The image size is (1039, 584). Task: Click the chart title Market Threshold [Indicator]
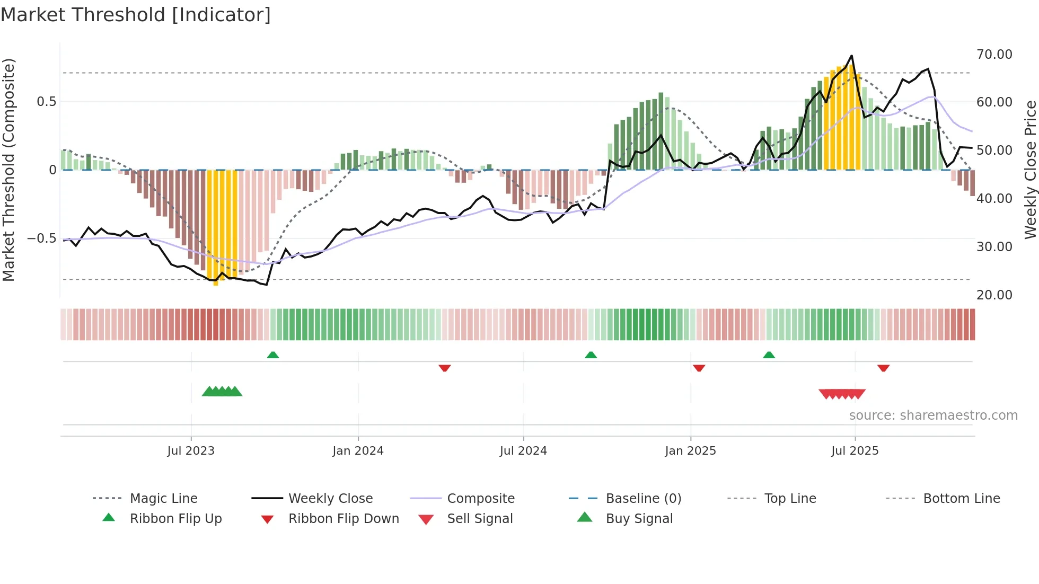(x=136, y=15)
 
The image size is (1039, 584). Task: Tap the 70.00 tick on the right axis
(x=994, y=55)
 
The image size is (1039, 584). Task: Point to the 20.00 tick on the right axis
(x=994, y=295)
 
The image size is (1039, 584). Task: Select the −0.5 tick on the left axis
(x=41, y=238)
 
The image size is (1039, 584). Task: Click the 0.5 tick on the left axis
(x=46, y=102)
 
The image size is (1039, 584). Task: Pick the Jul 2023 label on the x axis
(x=191, y=451)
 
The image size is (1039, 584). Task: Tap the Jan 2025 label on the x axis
(x=690, y=451)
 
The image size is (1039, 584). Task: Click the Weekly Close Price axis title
(x=1029, y=170)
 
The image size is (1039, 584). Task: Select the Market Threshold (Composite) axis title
(x=8, y=170)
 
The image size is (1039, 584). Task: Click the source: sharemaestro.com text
(x=933, y=415)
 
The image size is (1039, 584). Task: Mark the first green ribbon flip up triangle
(x=272, y=355)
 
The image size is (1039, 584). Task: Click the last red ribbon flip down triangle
(x=883, y=368)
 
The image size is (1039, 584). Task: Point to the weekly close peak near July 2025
(x=851, y=56)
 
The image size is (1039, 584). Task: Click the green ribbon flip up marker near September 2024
(x=591, y=355)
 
